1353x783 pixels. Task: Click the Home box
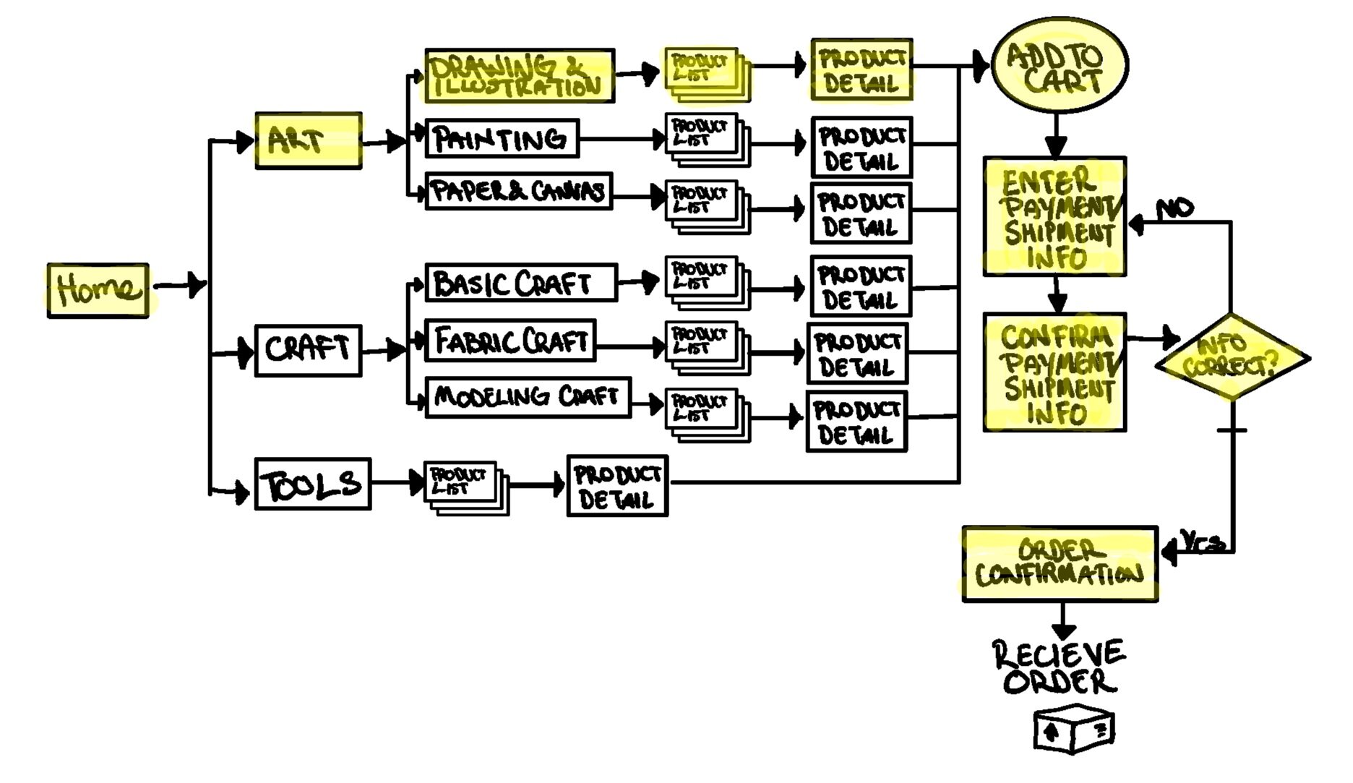click(x=98, y=290)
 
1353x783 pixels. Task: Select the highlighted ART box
click(x=308, y=141)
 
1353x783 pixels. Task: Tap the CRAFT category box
click(x=308, y=351)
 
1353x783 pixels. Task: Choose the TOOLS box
click(x=312, y=484)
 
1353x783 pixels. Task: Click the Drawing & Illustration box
click(x=519, y=76)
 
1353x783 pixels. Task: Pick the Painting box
click(x=502, y=138)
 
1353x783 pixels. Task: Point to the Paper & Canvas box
click(x=518, y=192)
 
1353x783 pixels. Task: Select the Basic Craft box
click(x=520, y=283)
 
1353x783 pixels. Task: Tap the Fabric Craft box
click(x=510, y=341)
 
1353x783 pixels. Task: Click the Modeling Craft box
click(x=528, y=397)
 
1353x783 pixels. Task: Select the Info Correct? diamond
click(x=1232, y=357)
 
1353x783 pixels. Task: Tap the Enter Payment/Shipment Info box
click(x=1055, y=216)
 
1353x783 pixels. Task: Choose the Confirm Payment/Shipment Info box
click(x=1055, y=372)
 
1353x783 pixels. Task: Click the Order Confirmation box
click(x=1060, y=564)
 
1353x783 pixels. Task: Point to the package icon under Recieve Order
click(x=1073, y=729)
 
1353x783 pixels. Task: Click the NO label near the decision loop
click(x=1175, y=209)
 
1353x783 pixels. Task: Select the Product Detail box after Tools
click(x=617, y=486)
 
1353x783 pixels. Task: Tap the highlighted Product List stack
click(x=705, y=73)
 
